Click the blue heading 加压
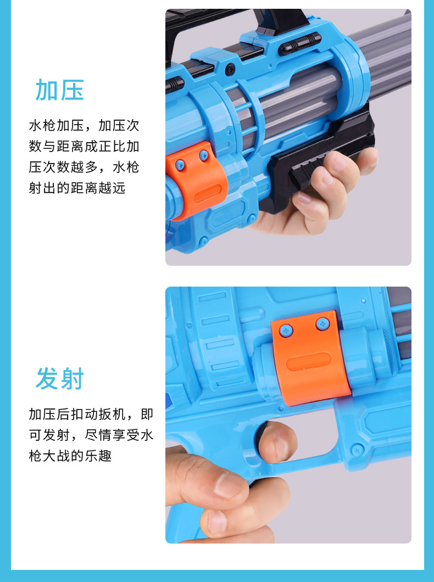[60, 90]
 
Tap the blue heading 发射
[60, 379]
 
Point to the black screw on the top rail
[230, 69]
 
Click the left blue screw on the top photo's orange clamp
[180, 164]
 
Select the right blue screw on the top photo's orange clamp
[204, 155]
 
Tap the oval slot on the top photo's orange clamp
[208, 193]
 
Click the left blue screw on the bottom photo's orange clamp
[286, 330]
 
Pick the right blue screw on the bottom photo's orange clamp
[322, 323]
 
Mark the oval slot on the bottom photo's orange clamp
[309, 361]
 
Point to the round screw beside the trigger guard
[357, 450]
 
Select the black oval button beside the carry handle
[300, 44]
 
